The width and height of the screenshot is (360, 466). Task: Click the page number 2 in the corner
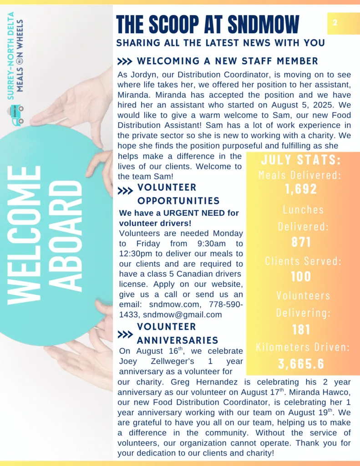pos(335,22)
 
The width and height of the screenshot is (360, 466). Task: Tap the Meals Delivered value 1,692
pos(301,189)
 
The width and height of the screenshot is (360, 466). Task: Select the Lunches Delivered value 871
pos(301,242)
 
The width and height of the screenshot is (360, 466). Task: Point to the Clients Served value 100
pos(301,276)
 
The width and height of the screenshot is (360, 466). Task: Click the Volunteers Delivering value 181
pos(301,329)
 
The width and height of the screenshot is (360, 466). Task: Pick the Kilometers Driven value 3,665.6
pos(301,364)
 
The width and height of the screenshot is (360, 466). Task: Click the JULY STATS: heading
pos(301,161)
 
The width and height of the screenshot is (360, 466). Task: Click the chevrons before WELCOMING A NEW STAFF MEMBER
pos(125,61)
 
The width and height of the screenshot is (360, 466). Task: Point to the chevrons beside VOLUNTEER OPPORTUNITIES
pos(125,192)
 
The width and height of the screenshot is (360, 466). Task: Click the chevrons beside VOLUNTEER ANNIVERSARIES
pos(125,335)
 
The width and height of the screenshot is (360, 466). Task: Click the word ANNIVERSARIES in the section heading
pos(177,340)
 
